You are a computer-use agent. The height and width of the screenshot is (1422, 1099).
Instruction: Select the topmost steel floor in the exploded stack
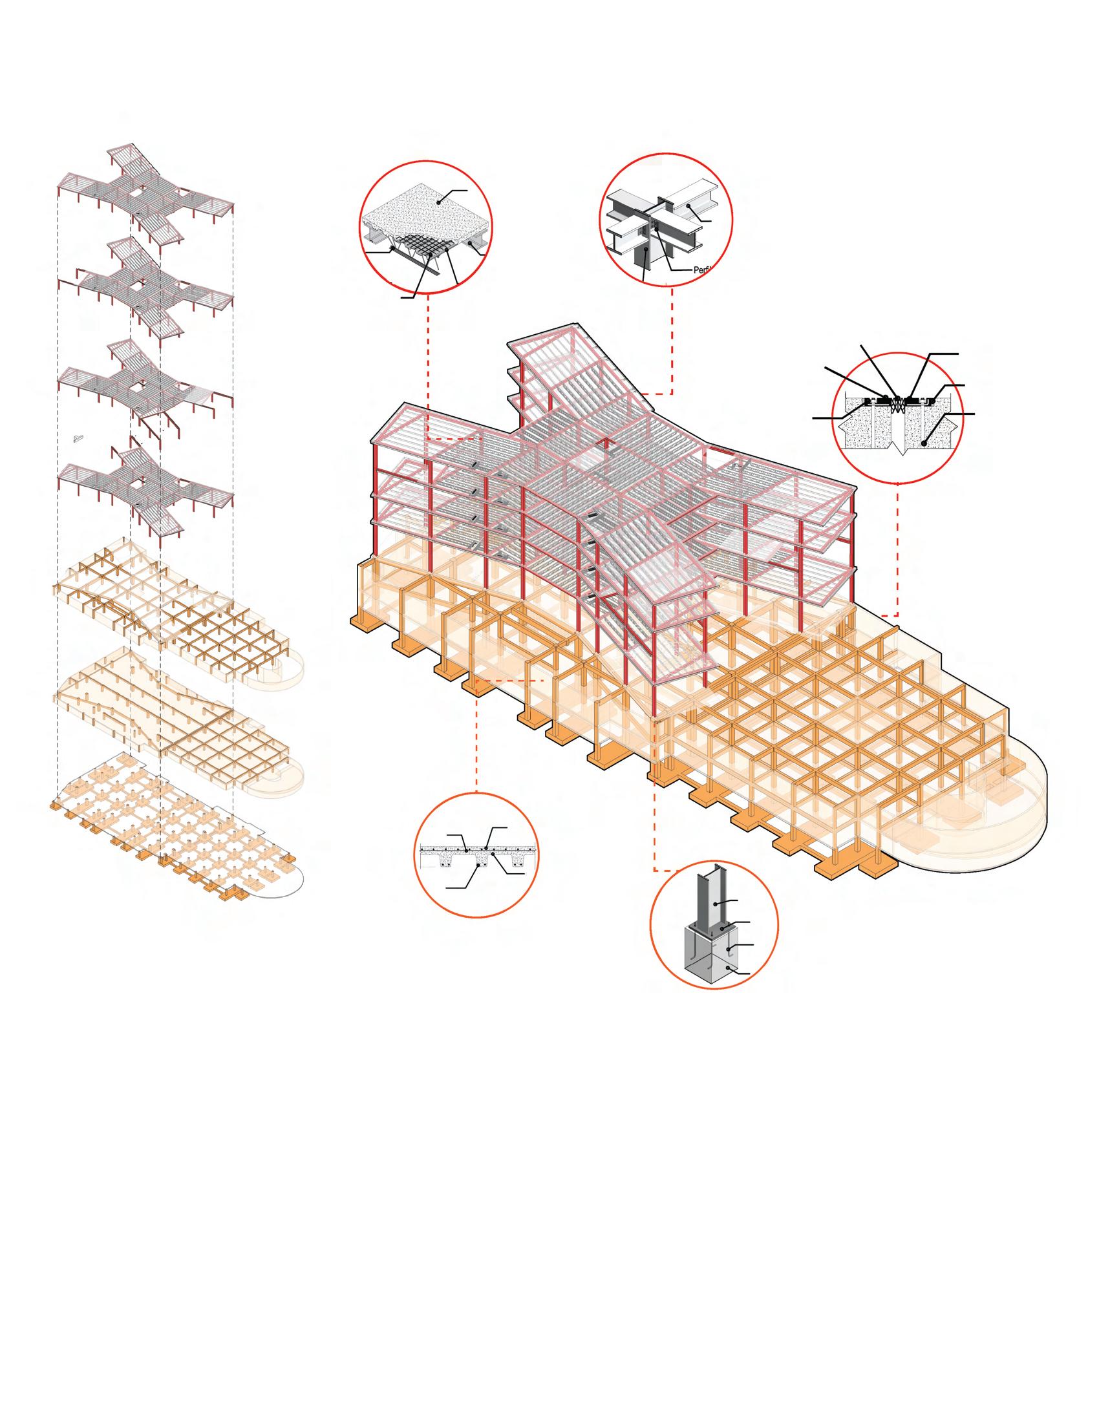147,189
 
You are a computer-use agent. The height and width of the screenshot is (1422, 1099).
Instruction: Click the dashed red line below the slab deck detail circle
429,365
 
